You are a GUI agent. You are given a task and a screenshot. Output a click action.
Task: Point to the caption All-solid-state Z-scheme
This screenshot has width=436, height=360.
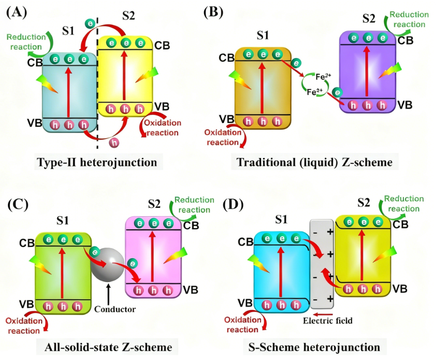[x=107, y=347]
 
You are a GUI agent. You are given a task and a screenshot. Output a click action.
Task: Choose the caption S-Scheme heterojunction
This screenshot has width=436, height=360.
[x=315, y=347]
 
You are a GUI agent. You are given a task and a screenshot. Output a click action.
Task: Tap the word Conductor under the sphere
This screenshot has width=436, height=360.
[x=115, y=309]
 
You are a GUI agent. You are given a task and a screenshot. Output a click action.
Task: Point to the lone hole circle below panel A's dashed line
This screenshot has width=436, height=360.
[x=114, y=143]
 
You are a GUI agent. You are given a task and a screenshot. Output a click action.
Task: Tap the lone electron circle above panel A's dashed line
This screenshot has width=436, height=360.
[x=90, y=23]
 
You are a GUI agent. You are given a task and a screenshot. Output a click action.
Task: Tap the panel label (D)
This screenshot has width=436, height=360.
[x=233, y=204]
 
